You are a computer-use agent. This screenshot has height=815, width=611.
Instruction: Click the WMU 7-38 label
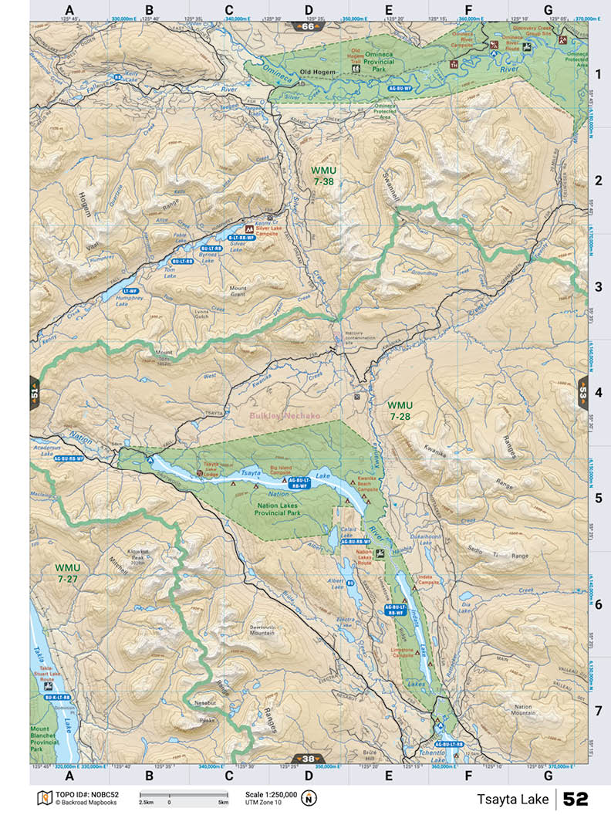click(324, 174)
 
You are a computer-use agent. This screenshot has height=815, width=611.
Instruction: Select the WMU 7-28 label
click(400, 411)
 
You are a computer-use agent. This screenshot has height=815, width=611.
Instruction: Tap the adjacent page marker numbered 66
click(308, 26)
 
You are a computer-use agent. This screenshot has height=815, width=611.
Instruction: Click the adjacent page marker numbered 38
click(308, 759)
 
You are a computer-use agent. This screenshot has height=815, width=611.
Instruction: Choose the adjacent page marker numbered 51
click(35, 391)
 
